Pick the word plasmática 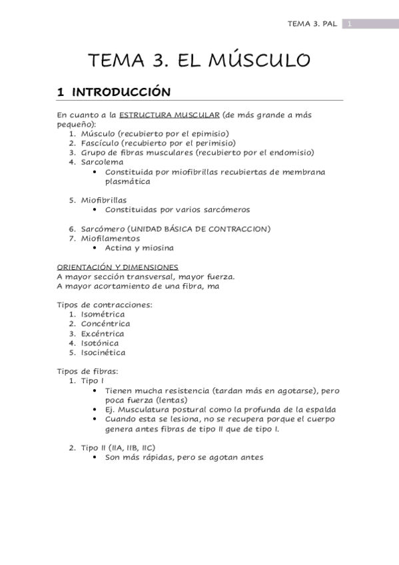pyautogui.click(x=127, y=181)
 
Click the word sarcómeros pyautogui.click(x=224, y=210)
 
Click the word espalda pyautogui.click(x=319, y=410)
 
